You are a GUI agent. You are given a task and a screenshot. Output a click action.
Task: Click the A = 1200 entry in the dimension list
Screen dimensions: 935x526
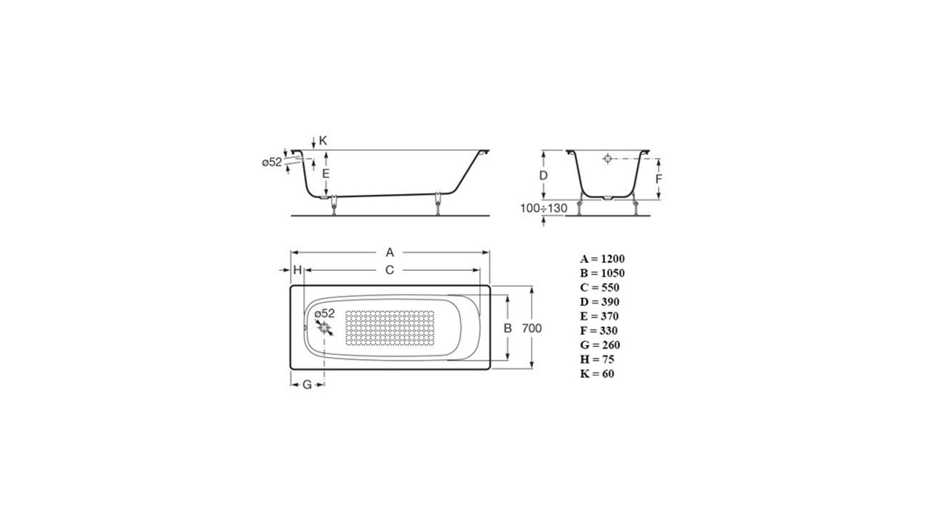pyautogui.click(x=602, y=259)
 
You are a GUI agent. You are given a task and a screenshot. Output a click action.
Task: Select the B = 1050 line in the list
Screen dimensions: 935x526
pyautogui.click(x=602, y=273)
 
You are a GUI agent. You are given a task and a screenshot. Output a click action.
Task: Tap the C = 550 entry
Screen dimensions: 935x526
pyautogui.click(x=599, y=287)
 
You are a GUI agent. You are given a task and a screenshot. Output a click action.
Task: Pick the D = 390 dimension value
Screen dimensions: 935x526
pyautogui.click(x=599, y=302)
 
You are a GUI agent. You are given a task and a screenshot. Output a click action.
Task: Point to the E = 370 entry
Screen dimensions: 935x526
pyautogui.click(x=599, y=316)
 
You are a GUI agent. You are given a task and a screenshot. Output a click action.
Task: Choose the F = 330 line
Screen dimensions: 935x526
pyautogui.click(x=598, y=331)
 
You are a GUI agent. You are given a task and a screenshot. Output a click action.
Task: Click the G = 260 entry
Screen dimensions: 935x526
pyautogui.click(x=600, y=345)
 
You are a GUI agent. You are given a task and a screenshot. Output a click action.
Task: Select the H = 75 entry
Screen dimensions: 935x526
pyautogui.click(x=597, y=359)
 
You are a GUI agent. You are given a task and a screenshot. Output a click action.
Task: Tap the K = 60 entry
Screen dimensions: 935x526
pyautogui.click(x=597, y=374)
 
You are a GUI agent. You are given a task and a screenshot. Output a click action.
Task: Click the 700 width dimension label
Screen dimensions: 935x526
pyautogui.click(x=532, y=328)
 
